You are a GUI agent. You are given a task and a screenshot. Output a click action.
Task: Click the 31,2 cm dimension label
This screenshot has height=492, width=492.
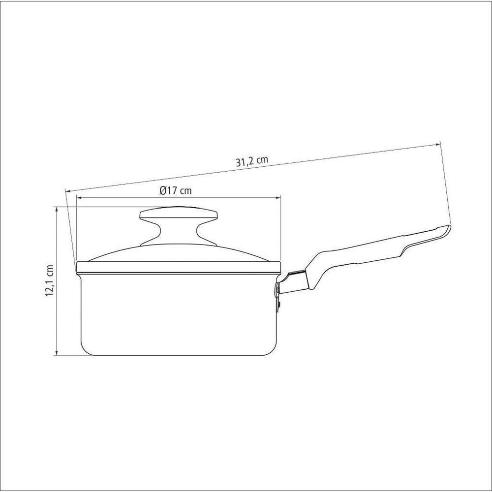(x=252, y=161)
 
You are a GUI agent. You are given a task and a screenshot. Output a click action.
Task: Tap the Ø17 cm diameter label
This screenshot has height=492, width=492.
(x=176, y=190)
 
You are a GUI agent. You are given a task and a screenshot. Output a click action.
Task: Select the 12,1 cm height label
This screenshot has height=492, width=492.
(x=49, y=280)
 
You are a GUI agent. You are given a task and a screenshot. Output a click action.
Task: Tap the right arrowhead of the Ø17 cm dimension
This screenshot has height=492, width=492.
(x=277, y=198)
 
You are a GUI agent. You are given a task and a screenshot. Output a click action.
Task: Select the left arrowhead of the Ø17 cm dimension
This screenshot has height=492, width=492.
(x=79, y=198)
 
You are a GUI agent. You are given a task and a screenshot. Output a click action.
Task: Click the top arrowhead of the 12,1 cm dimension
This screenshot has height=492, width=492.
(x=57, y=210)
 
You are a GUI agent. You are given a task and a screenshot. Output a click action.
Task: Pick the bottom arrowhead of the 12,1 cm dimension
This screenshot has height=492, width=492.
(x=57, y=352)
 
